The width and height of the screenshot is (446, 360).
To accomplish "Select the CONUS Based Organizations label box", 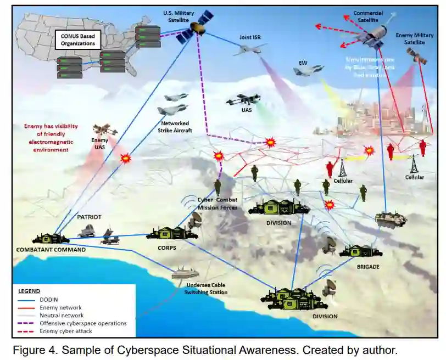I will pos(77,40).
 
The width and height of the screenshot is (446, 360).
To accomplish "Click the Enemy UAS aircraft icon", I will pos(104,130).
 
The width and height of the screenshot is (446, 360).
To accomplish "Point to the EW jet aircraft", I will pos(308,70).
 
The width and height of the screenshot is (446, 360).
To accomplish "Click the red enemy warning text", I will pos(47,138).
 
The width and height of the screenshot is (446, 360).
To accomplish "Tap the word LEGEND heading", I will pos(30,291).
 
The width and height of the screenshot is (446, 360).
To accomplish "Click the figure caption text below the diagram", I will pos(203,349).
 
